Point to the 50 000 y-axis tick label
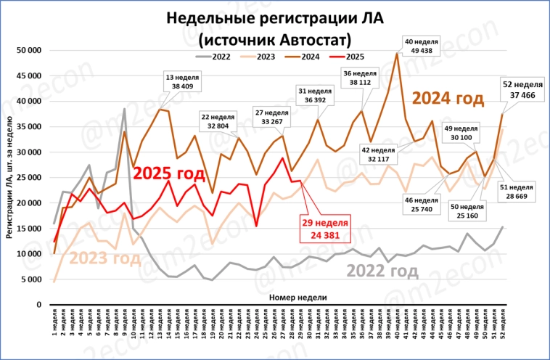pyautogui.click(x=29, y=50)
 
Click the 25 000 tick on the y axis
pyautogui.click(x=29, y=177)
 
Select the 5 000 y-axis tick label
pyautogui.click(x=32, y=279)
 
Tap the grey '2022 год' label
pyautogui.click(x=382, y=271)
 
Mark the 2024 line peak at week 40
pyautogui.click(x=397, y=53)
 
